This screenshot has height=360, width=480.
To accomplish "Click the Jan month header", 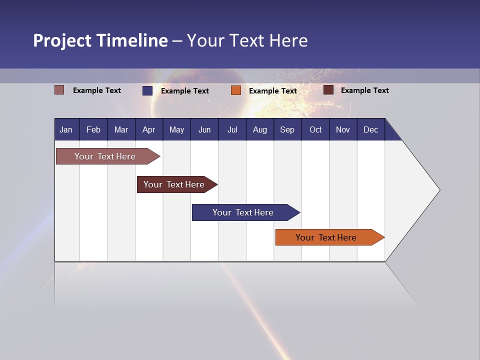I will (66, 129).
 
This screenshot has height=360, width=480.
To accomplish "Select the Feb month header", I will (93, 129).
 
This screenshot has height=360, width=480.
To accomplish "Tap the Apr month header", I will (148, 129).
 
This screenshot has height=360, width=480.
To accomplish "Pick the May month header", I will (176, 129).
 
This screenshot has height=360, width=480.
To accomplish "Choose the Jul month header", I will (232, 129).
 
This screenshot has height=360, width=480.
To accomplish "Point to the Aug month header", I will (259, 129).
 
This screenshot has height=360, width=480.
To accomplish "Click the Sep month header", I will (287, 129).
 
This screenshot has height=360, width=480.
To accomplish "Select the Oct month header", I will (315, 129).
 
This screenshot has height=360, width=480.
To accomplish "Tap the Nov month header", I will (342, 129).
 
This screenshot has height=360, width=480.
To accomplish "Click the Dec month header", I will (370, 129).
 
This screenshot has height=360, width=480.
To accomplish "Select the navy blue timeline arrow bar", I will (243, 212).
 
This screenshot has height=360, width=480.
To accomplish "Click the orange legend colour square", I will (236, 90).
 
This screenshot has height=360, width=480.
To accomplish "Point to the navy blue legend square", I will (147, 90).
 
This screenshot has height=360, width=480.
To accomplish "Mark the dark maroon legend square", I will (328, 90).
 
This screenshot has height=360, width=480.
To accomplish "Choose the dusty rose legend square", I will (59, 90).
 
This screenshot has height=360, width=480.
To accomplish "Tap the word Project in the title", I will (62, 40).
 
